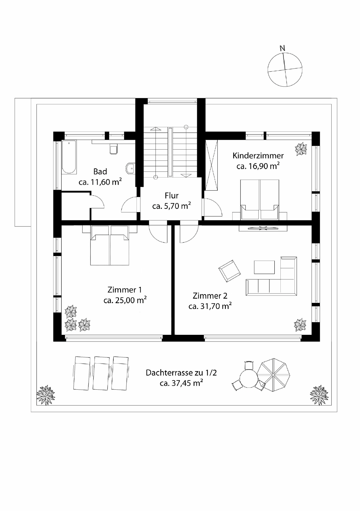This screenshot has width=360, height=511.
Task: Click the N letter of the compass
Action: coord(282,48)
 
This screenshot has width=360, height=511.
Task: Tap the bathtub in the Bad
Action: coord(69,157)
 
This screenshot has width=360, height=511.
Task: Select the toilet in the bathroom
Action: coord(114,150)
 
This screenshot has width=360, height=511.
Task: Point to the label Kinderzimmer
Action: coord(258,156)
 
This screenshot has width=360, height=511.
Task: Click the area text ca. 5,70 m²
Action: coord(171,206)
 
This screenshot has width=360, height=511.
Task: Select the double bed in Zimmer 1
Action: coord(110,245)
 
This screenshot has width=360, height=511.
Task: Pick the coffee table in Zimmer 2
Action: coord(264,267)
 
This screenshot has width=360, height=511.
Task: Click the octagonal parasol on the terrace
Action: coord(273,375)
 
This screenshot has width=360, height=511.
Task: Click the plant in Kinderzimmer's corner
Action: coord(301,149)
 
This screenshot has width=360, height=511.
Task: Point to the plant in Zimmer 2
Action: coord(300,325)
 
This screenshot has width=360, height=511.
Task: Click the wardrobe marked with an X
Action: coord(212,165)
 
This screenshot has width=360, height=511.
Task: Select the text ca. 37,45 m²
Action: coord(181,383)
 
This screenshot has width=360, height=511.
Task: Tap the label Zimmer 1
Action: coord(125,290)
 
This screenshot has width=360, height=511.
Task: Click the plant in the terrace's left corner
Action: coord(45,395)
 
